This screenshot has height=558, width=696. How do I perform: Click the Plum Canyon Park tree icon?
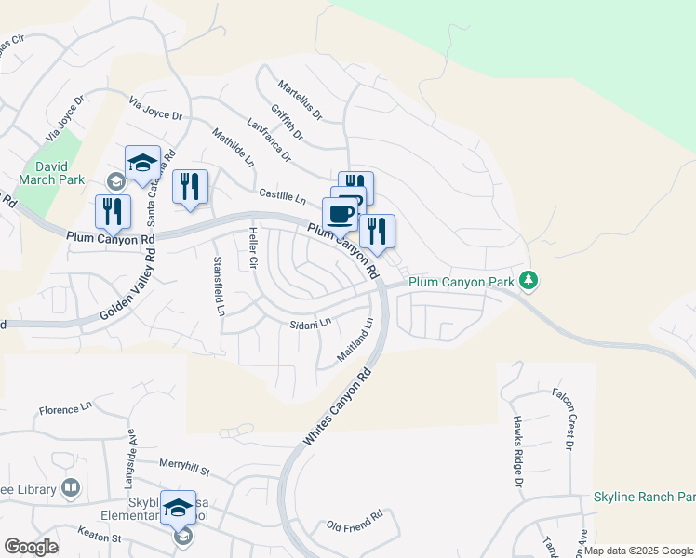529,280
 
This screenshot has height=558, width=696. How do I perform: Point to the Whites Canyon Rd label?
338,406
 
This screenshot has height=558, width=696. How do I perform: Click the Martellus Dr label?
299,100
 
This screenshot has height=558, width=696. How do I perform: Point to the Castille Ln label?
283,197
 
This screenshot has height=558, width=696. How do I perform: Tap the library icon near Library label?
71,487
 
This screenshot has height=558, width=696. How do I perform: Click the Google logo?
31,546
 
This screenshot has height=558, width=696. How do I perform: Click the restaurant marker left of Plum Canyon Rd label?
113,213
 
